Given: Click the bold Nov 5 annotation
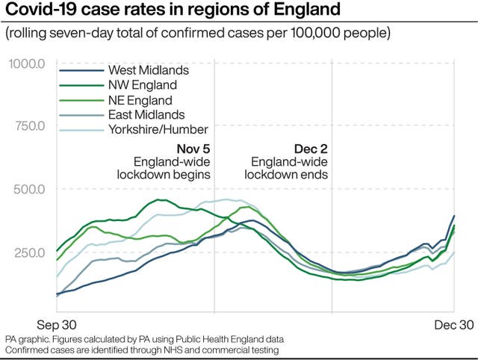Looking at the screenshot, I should click(193, 148).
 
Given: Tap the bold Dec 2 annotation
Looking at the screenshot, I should click(309, 148).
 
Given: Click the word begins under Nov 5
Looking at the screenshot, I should click(192, 175).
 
